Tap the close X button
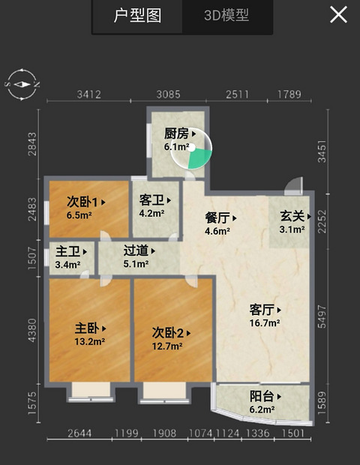pos(338,15)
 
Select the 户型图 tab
pos(137,16)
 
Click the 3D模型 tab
pos(226,16)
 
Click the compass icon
pos(22,85)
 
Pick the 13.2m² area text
pos(89,342)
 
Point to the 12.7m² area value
pos(167,346)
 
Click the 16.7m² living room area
pos(265,322)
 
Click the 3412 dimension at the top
pos(89,94)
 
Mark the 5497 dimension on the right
pos(322,317)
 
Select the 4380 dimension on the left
pos(32,330)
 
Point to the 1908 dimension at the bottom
pos(164,433)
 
